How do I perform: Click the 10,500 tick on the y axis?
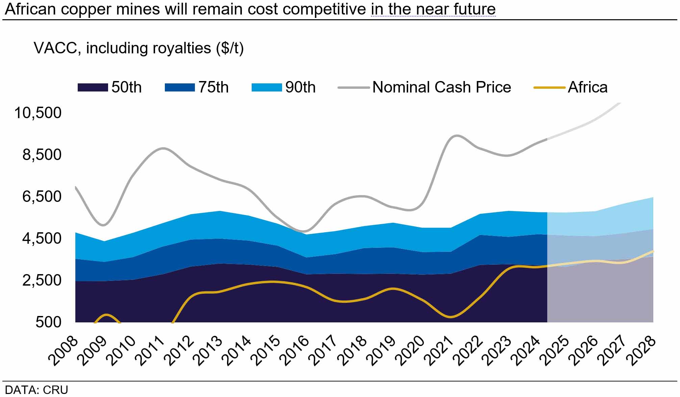tap(38, 113)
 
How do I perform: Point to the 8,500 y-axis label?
tap(42, 155)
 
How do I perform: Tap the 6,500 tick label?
tap(42, 196)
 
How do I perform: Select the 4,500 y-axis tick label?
tap(42, 238)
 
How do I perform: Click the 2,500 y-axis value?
tap(42, 280)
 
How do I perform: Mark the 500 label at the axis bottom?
tap(48, 322)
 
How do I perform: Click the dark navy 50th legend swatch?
tap(93, 87)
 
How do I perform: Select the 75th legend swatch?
tap(180, 87)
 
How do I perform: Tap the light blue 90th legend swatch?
tap(267, 87)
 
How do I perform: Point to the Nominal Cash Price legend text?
tap(442, 87)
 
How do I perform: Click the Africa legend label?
tap(587, 87)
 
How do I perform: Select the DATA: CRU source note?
tap(36, 390)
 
